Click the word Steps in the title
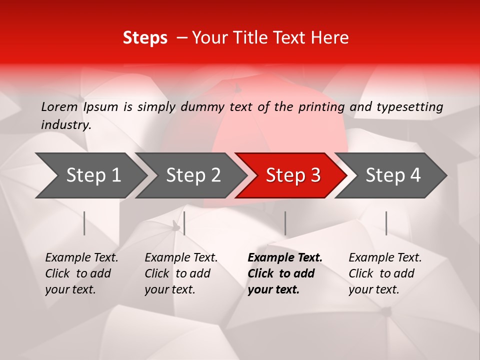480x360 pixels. [x=145, y=38]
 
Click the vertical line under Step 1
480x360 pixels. [x=84, y=223]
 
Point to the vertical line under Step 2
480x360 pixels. [x=184, y=223]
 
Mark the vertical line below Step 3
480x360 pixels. [x=285, y=223]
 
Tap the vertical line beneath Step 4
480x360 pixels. [x=386, y=223]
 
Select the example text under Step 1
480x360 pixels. [x=81, y=273]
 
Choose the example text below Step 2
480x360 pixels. [x=180, y=273]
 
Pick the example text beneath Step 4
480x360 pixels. [x=384, y=273]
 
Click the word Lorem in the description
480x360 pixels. [x=59, y=107]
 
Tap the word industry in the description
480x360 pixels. [x=65, y=125]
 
